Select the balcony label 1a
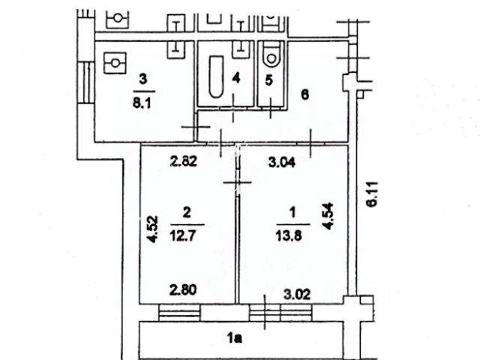pyautogui.click(x=236, y=339)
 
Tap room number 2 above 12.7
pyautogui.click(x=187, y=212)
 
